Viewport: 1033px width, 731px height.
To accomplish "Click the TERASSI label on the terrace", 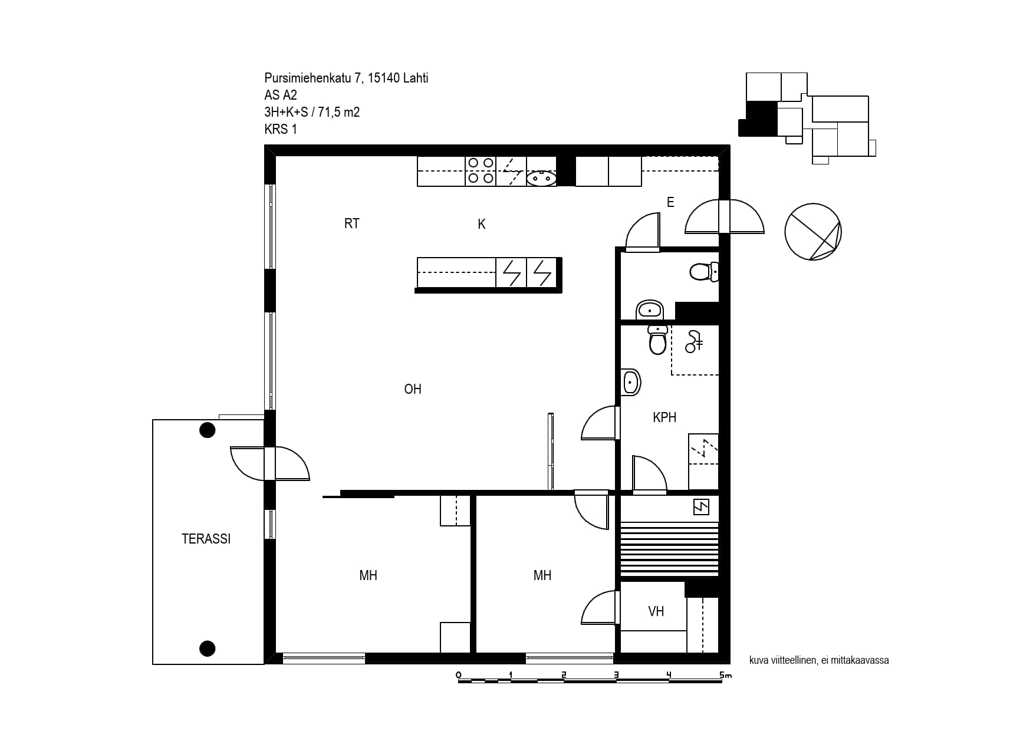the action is [x=206, y=539].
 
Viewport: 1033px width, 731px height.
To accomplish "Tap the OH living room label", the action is [x=413, y=389].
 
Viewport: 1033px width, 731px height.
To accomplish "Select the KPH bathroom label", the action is [x=664, y=417].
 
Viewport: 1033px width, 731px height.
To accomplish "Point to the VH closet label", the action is [x=656, y=611].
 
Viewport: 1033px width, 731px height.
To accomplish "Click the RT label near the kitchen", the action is [x=352, y=223].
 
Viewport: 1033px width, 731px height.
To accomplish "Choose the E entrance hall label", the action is [x=670, y=202].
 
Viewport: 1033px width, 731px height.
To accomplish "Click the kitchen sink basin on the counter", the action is [x=541, y=177].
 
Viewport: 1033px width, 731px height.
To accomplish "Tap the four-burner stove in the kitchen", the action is [x=481, y=171].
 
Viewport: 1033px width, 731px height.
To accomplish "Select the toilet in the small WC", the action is [x=704, y=272].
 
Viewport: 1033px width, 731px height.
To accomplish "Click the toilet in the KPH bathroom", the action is [x=657, y=339].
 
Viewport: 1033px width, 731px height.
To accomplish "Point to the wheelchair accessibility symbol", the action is [x=694, y=341].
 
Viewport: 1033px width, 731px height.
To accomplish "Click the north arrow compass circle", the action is [x=813, y=232].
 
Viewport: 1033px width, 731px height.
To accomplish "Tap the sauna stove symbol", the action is [x=701, y=507].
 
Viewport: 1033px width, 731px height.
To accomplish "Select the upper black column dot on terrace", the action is [x=207, y=430].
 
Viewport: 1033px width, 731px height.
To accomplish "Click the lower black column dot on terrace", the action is [x=207, y=648].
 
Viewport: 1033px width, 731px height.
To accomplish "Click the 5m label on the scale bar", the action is [x=725, y=675].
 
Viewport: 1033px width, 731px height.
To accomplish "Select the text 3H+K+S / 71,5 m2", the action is [x=312, y=112].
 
